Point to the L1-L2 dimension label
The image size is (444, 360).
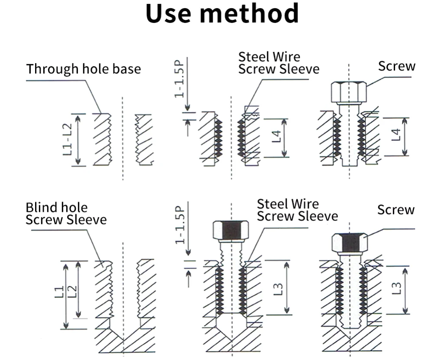coord(67,139)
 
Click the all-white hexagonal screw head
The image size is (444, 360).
coord(349,92)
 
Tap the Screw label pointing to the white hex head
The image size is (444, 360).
coord(396,66)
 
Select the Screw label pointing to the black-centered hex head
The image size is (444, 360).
coord(395,210)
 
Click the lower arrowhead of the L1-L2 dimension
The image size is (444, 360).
coord(78,162)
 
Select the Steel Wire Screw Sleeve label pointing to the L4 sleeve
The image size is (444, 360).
coord(279,63)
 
